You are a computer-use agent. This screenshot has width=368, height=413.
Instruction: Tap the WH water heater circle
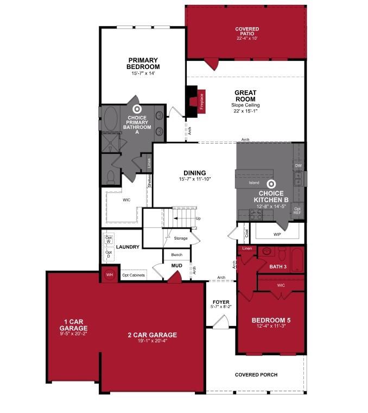tap(109, 274)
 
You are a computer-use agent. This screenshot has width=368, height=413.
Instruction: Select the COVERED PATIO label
tap(246, 33)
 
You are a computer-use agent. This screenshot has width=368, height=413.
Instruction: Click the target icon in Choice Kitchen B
tap(271, 185)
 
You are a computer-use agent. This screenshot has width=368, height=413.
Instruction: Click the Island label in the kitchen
tap(254, 183)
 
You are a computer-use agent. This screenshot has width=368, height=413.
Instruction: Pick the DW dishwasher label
tap(297, 165)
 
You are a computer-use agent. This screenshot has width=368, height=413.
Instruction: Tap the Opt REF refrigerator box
tap(297, 211)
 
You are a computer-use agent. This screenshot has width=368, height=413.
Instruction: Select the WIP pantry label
tap(277, 234)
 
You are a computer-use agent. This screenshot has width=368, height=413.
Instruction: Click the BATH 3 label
tap(277, 266)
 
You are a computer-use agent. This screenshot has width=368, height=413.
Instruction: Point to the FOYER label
tap(221, 302)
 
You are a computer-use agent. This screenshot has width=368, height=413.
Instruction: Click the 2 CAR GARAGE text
tap(152, 335)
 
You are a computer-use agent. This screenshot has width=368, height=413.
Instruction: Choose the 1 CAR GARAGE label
tap(73, 328)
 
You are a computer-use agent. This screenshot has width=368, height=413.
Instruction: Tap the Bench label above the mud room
tap(176, 254)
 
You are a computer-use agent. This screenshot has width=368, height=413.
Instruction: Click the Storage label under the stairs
tap(181, 238)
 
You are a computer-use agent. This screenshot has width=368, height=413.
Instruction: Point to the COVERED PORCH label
tap(256, 374)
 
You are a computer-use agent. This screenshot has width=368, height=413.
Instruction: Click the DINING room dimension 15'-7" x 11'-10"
tap(194, 179)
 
